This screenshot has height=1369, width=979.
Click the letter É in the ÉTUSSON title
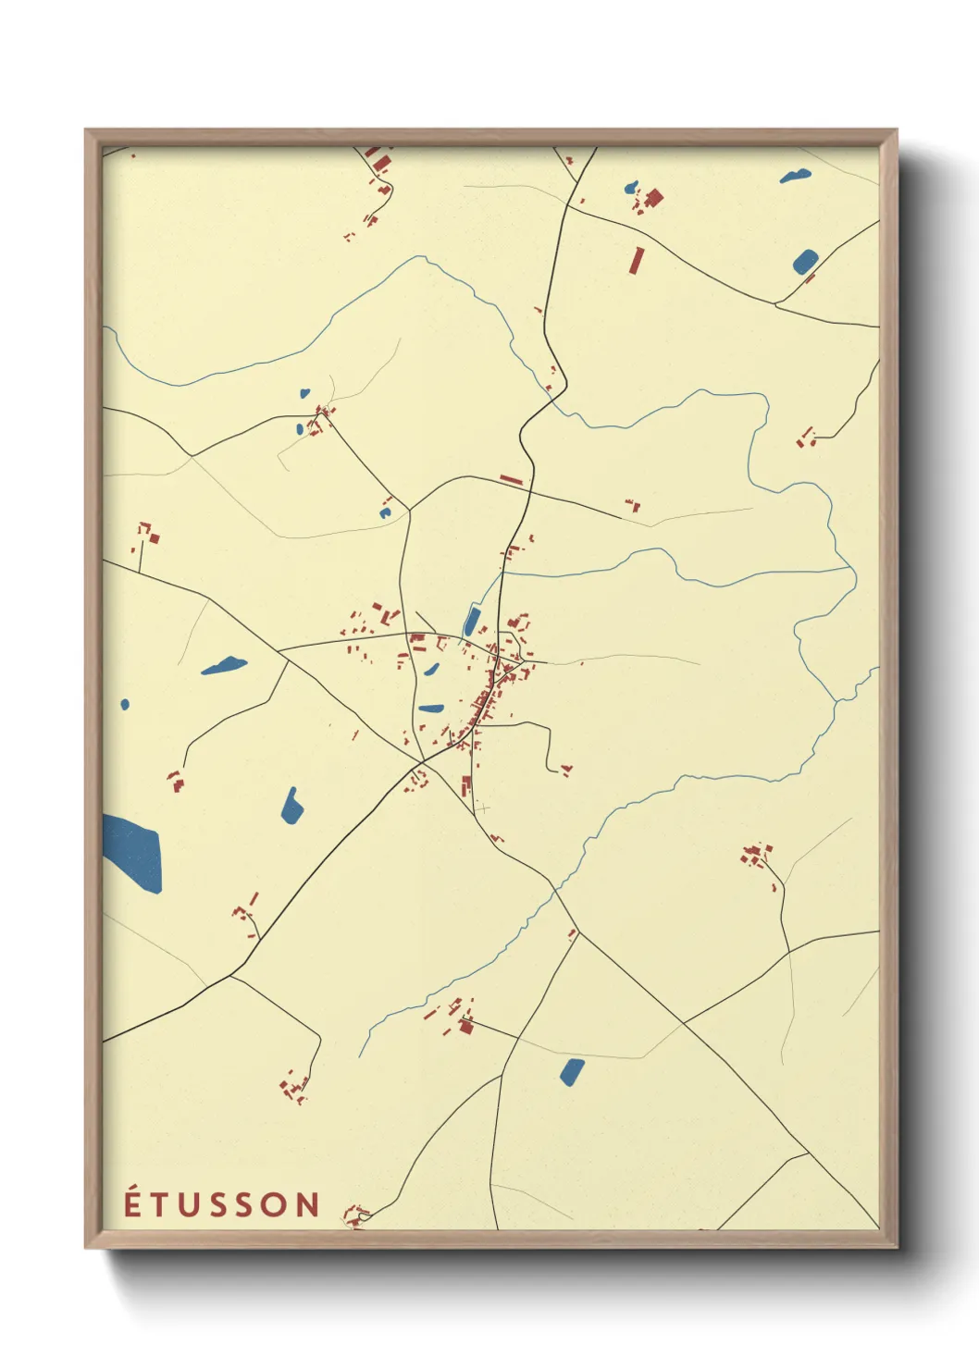pyautogui.click(x=132, y=1203)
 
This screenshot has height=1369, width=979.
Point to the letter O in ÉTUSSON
pyautogui.click(x=277, y=1205)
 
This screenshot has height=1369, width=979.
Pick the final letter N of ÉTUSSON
pyautogui.click(x=309, y=1205)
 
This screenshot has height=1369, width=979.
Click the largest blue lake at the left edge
pyautogui.click(x=134, y=850)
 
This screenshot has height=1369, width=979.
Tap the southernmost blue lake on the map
pyautogui.click(x=572, y=1071)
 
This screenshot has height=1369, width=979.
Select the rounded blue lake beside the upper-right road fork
pyautogui.click(x=804, y=262)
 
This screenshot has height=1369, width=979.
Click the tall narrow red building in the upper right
pyautogui.click(x=636, y=261)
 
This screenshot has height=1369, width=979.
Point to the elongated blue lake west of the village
pyautogui.click(x=224, y=665)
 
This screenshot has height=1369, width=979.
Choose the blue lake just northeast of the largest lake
pyautogui.click(x=292, y=807)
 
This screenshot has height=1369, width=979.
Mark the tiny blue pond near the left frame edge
pyautogui.click(x=125, y=705)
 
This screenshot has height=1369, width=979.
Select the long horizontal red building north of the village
pyautogui.click(x=511, y=479)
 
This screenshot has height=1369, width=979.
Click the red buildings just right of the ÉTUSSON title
pyautogui.click(x=355, y=1213)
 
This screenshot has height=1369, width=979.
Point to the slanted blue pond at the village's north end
pyautogui.click(x=472, y=622)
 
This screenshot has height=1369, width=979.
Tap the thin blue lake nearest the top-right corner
pyautogui.click(x=795, y=176)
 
